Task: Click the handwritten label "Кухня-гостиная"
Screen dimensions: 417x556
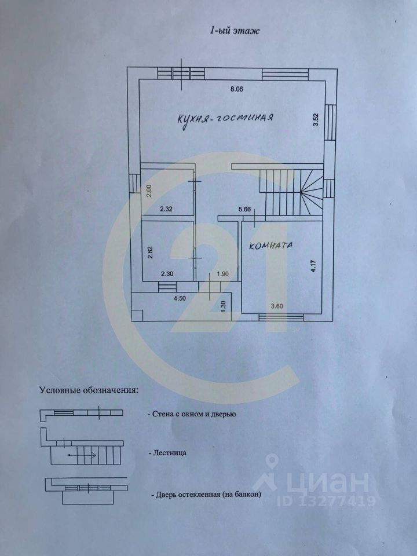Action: coord(225,119)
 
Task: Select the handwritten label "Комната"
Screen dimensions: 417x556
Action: coord(271,246)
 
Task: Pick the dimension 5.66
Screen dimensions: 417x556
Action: coord(245,210)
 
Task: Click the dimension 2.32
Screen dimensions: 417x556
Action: coord(166,209)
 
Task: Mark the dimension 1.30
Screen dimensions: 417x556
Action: coord(224,304)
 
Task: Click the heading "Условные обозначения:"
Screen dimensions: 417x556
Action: coord(89,390)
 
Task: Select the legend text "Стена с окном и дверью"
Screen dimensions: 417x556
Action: coord(192,414)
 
